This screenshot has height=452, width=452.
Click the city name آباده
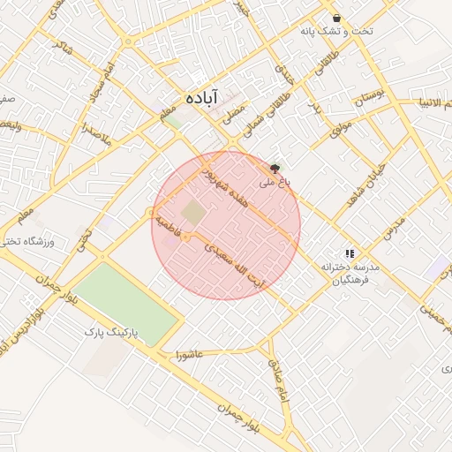point(201,97)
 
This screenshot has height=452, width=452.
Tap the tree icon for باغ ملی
point(275,167)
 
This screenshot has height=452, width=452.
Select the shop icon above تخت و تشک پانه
point(336,18)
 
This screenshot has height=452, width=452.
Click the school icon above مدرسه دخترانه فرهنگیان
point(350,252)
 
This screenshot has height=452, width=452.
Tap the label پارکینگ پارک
point(110,333)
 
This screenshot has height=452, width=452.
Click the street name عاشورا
point(190,354)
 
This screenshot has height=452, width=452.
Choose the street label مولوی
point(341,129)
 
